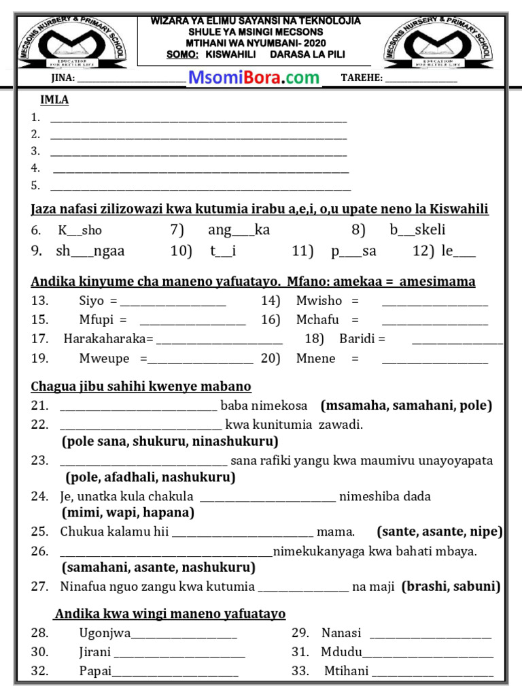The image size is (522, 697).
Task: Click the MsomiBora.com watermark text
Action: pyautogui.click(x=254, y=78)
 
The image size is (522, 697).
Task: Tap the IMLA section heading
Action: pyautogui.click(x=54, y=100)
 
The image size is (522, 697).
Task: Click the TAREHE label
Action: pyautogui.click(x=362, y=78)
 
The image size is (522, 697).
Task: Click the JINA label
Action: pyautogui.click(x=58, y=78)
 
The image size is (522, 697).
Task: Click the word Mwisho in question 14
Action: pyautogui.click(x=319, y=300)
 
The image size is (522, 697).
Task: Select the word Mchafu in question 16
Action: pyautogui.click(x=317, y=319)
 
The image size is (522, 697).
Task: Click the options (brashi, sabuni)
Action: pyautogui.click(x=451, y=586)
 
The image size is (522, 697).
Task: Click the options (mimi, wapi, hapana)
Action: pyautogui.click(x=128, y=513)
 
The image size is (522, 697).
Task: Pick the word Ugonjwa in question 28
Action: pyautogui.click(x=105, y=633)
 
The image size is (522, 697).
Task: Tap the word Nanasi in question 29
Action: pyautogui.click(x=341, y=633)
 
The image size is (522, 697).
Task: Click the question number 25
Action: pyautogui.click(x=39, y=531)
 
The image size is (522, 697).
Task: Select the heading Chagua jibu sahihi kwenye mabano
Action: pyautogui.click(x=141, y=387)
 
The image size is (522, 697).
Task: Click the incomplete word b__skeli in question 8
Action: pyautogui.click(x=417, y=230)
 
